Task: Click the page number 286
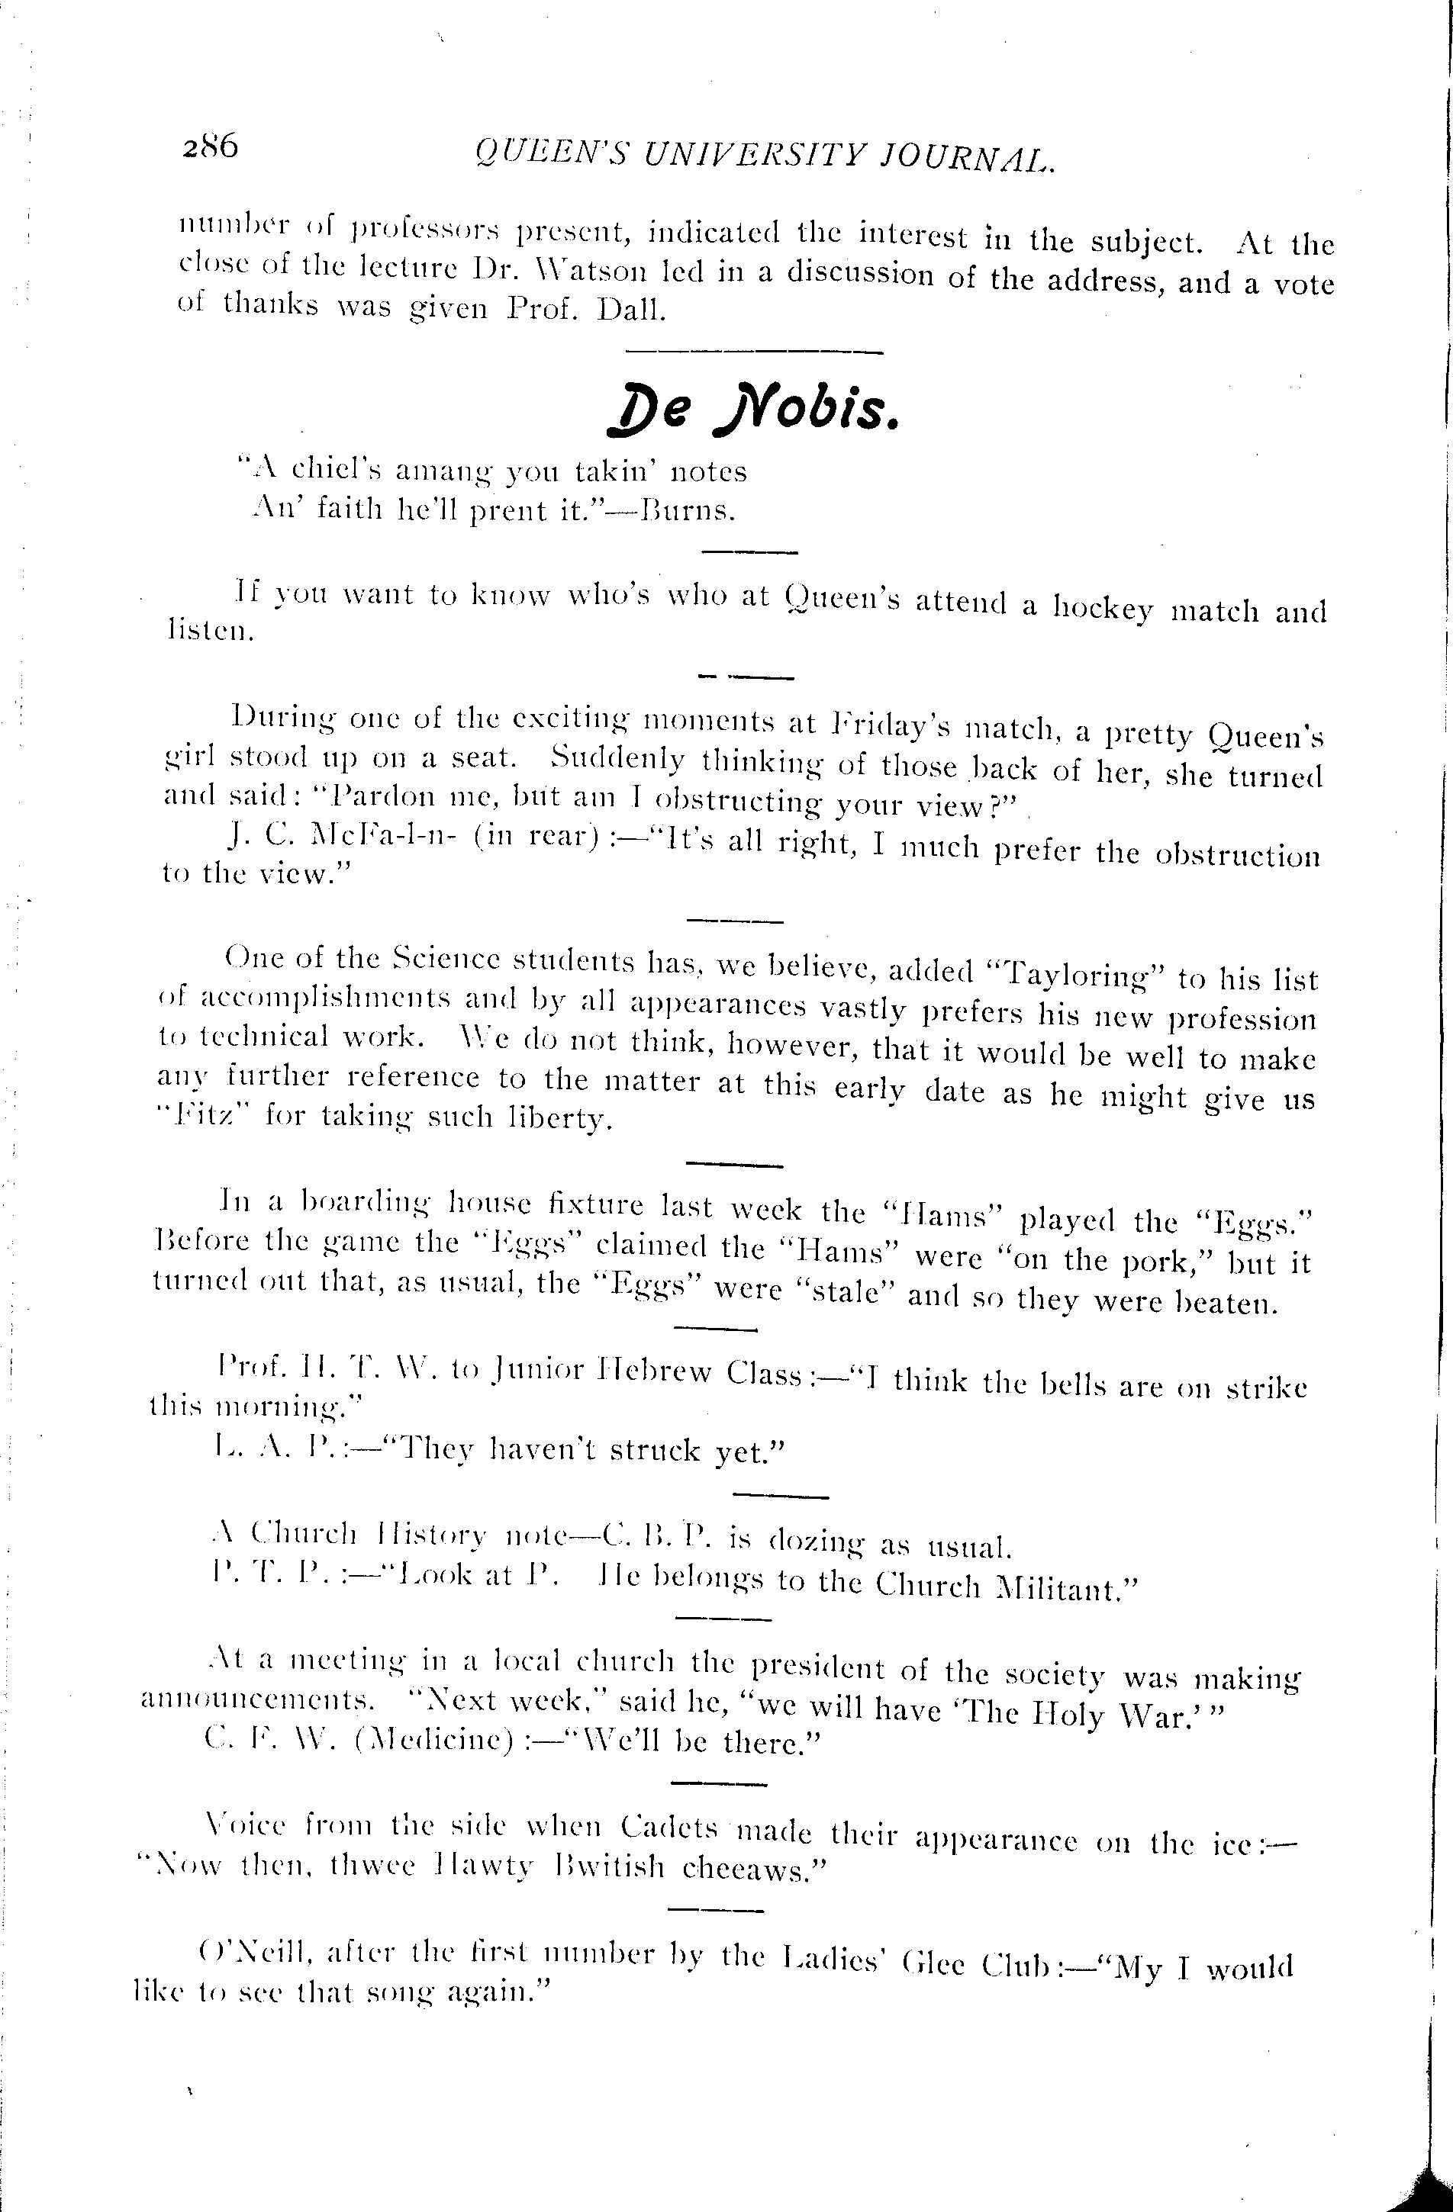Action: coord(211,147)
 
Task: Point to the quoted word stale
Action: coord(847,1293)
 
